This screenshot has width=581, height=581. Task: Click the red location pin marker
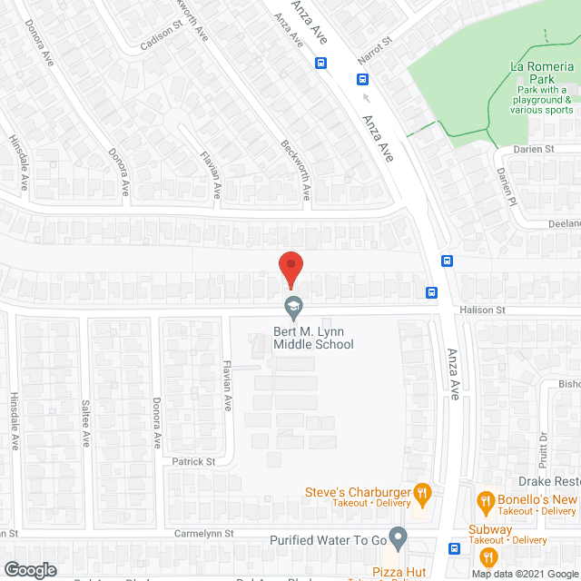[290, 269]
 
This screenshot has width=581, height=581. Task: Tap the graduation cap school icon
[293, 309]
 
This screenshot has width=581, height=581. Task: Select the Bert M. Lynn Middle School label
[313, 338]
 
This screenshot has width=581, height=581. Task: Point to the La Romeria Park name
[542, 68]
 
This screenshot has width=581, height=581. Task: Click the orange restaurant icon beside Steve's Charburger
[421, 494]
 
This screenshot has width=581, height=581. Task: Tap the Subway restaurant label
[489, 530]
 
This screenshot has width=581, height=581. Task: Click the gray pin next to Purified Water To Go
[398, 537]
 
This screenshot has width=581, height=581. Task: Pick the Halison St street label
[483, 310]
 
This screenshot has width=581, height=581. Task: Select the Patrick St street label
[193, 461]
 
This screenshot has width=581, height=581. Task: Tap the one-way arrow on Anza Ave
[366, 97]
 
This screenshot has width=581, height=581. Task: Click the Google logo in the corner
[30, 569]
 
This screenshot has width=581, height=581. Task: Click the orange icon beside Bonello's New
[486, 500]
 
